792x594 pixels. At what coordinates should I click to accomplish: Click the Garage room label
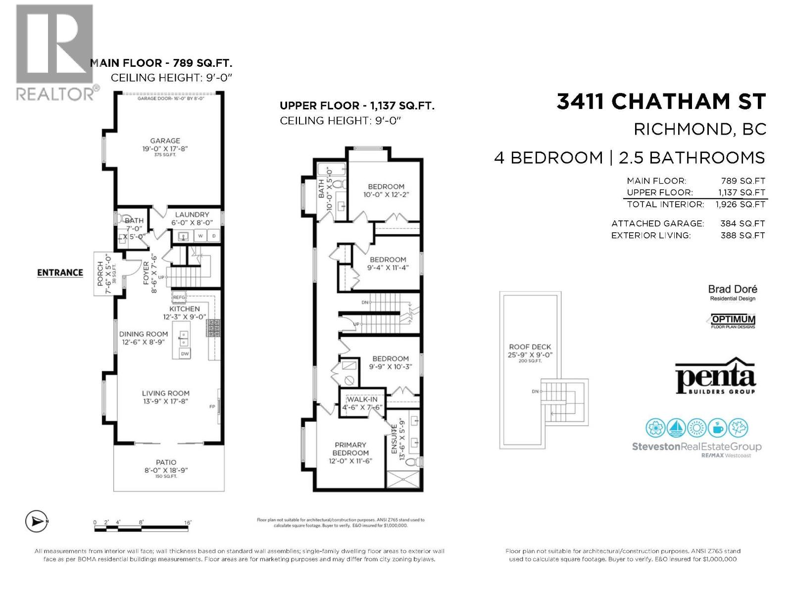[x=165, y=141]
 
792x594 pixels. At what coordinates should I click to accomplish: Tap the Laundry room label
[x=192, y=215]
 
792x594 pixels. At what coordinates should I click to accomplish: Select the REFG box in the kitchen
[x=179, y=297]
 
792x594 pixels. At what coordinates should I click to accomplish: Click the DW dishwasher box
[x=185, y=353]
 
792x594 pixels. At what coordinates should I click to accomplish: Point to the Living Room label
[x=165, y=394]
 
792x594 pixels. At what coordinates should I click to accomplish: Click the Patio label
[x=166, y=462]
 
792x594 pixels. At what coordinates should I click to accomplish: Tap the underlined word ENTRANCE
[x=60, y=273]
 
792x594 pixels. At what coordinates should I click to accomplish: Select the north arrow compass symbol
[x=36, y=521]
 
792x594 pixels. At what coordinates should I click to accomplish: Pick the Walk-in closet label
[x=362, y=399]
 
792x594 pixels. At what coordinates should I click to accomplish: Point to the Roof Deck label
[x=530, y=347]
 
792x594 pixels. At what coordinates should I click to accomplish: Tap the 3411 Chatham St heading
[x=661, y=101]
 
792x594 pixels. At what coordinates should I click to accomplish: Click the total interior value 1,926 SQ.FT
[x=740, y=204]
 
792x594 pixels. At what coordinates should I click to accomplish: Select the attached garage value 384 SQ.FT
[x=742, y=224]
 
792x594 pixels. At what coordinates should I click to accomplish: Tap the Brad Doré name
[x=732, y=289]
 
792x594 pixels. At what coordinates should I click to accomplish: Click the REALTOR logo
[x=54, y=52]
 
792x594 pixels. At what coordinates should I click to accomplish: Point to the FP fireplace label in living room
[x=212, y=407]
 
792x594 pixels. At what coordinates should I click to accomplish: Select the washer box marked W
[x=201, y=236]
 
